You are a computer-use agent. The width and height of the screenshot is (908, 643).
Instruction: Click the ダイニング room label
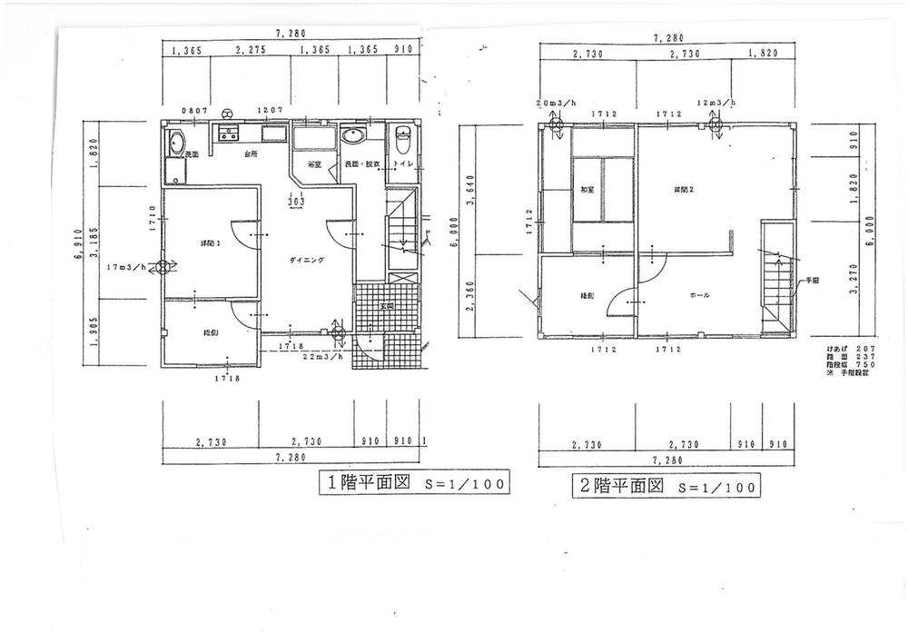[307, 260]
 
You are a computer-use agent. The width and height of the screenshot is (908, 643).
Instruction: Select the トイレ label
[402, 164]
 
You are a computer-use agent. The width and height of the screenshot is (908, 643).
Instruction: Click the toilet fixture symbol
[404, 140]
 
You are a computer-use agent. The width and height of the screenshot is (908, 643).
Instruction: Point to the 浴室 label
[314, 164]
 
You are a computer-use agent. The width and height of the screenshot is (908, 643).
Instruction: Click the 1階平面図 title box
[412, 483]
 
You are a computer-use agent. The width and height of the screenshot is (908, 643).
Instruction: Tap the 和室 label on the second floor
[587, 190]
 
